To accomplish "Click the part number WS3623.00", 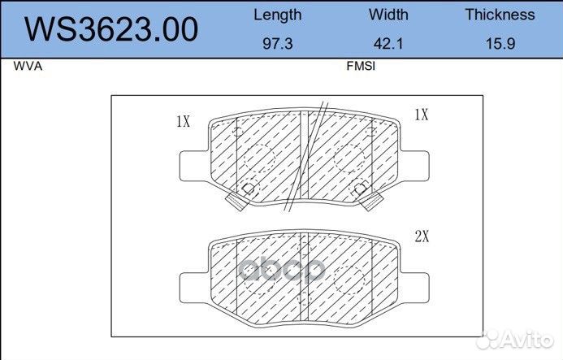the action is coord(111,29).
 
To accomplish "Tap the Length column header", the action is coord(278,15).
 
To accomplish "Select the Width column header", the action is coord(388,15).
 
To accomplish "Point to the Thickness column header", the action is coord(500,15).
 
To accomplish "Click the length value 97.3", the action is coord(278,43).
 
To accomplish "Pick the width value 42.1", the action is coord(388,43).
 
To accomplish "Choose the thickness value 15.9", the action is coord(500,43).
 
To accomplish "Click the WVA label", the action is coord(28,66).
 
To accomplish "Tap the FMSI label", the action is coord(361,66).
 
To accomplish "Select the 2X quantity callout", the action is coord(422,236).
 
